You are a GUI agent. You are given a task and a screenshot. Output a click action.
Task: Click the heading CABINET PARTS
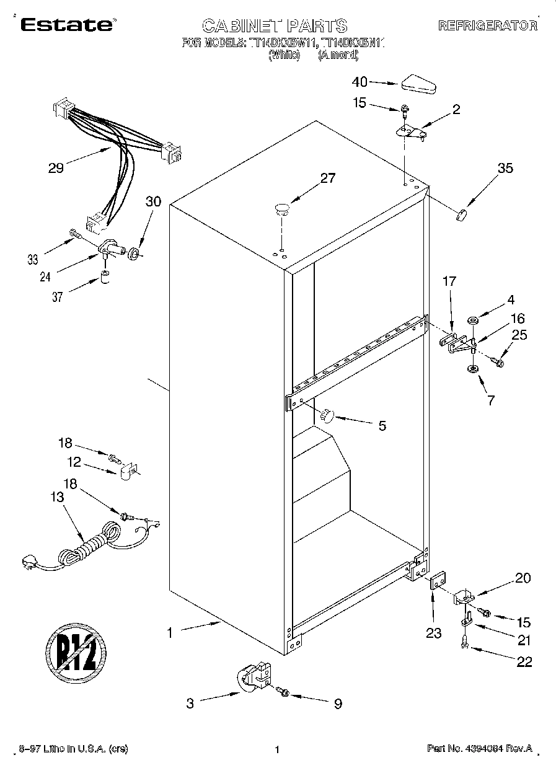point(275,25)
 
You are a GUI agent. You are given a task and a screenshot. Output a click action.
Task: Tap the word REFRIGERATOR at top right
point(487,25)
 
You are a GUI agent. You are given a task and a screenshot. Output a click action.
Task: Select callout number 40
point(360,81)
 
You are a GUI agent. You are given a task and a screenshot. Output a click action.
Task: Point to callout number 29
point(56,168)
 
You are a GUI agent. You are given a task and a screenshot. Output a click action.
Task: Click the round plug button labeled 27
point(282,208)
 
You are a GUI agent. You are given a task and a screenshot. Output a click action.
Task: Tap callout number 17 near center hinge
point(449,281)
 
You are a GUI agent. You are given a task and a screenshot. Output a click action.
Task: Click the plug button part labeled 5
point(327,415)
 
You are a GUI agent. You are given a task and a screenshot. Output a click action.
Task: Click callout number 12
point(74,461)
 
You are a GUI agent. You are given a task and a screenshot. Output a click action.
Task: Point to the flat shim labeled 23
point(439,583)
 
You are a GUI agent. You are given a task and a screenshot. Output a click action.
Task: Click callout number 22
point(524,662)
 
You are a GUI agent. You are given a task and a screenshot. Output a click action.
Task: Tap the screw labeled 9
point(284,691)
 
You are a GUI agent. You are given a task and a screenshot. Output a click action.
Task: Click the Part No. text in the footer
point(479,749)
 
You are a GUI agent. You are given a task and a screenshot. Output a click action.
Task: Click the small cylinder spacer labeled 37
point(105,275)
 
